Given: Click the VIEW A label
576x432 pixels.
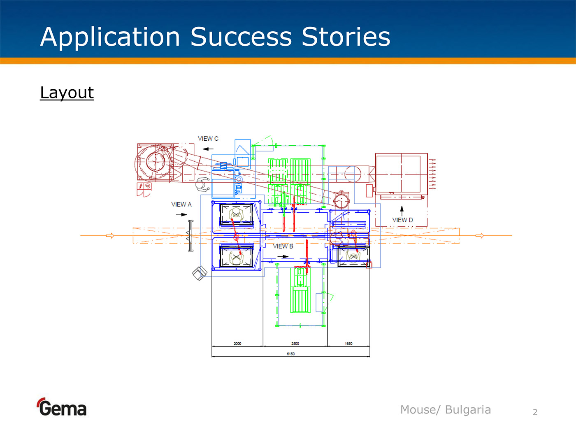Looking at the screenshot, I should [181, 204].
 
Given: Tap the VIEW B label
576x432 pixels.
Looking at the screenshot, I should [283, 246].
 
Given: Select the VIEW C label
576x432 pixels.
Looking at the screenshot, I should [208, 139].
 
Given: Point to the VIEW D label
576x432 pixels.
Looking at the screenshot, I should [402, 220].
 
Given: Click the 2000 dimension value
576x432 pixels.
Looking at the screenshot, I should [237, 344].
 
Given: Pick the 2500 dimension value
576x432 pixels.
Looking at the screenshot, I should [295, 344].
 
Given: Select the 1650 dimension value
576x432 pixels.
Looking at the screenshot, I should [348, 344].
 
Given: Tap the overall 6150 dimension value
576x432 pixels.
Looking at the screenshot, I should [290, 354].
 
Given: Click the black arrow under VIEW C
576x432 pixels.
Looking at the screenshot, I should [208, 149].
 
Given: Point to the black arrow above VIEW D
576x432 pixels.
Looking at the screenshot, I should [402, 209].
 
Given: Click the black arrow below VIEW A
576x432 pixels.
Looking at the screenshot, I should [181, 214].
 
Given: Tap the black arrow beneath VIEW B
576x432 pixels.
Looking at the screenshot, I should [283, 257].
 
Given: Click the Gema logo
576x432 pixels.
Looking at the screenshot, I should [62, 408].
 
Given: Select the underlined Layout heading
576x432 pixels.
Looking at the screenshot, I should [67, 93].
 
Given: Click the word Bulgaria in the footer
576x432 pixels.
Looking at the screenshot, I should [468, 410].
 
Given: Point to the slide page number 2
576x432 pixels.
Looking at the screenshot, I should [535, 412].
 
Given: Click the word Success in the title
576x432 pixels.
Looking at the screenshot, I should [241, 37].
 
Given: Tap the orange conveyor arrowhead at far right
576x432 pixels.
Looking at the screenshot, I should [480, 236].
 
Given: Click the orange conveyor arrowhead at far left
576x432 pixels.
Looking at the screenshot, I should [110, 236].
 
